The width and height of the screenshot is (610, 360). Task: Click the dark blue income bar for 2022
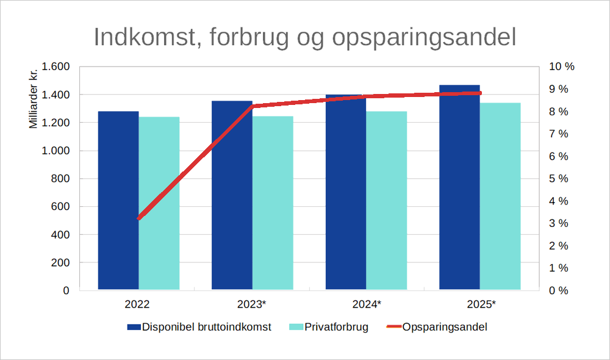pos(118,201)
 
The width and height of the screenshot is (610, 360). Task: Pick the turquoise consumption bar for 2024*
pos(387,201)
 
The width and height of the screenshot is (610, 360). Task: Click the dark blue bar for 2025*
pos(459,189)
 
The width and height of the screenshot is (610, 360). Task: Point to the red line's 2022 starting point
pos(139,218)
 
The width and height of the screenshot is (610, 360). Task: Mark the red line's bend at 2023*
pos(253,107)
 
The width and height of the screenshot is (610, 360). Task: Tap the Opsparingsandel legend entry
pos(445,327)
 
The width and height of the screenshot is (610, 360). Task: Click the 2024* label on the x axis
pos(367,304)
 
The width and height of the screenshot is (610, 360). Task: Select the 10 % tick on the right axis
pos(562,67)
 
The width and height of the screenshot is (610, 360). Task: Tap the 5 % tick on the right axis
pos(559,179)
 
